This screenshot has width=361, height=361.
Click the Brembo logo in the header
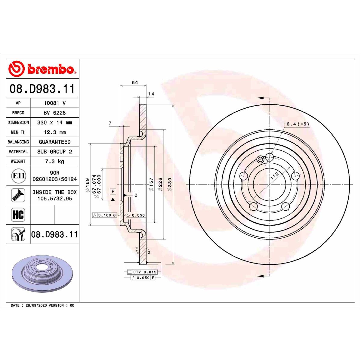pyautogui.click(x=42, y=69)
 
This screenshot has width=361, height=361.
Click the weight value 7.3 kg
pyautogui.click(x=54, y=162)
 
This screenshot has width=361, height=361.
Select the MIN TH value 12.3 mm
pyautogui.click(x=54, y=132)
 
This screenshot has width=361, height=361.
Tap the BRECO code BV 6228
pyautogui.click(x=54, y=113)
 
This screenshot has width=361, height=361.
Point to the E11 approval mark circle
pyautogui.click(x=18, y=176)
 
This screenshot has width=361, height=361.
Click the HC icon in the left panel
pyautogui.click(x=18, y=215)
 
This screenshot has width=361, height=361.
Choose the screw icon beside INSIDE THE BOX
pyautogui.click(x=18, y=196)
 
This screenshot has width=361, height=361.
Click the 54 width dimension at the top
pyautogui.click(x=135, y=83)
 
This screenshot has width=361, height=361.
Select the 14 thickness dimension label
pyautogui.click(x=151, y=94)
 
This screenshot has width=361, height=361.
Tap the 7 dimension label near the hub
pyautogui.click(x=110, y=123)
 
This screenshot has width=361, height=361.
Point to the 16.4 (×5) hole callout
pyautogui.click(x=296, y=124)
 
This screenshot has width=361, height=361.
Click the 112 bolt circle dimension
pyautogui.click(x=274, y=176)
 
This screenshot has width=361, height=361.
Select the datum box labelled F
pyautogui.click(x=113, y=191)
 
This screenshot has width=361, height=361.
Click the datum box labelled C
pyautogui.click(x=136, y=195)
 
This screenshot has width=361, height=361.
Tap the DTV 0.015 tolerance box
pyautogui.click(x=142, y=272)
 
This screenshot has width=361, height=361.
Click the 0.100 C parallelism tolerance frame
pyautogui.click(x=104, y=215)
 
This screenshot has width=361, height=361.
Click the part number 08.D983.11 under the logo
pyautogui.click(x=42, y=89)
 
